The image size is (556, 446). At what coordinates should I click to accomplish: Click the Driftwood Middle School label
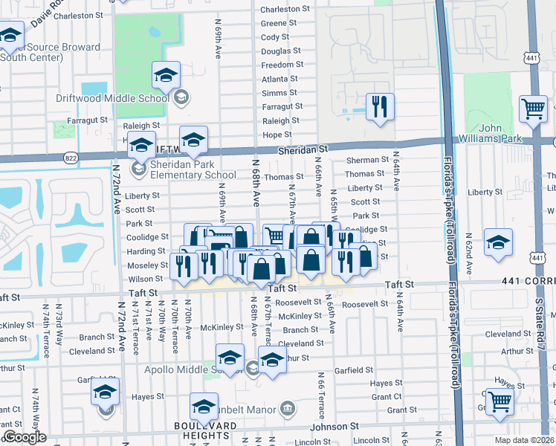click(112, 98)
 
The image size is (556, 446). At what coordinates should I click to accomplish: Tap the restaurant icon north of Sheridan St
click(380, 107)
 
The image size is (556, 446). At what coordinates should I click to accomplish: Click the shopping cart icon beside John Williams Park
click(534, 109)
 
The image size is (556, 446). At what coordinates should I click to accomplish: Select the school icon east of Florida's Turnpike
click(498, 242)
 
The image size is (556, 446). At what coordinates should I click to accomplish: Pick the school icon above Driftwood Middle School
click(167, 75)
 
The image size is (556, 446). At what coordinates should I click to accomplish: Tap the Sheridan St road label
click(303, 150)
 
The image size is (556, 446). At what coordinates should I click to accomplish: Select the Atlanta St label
click(279, 79)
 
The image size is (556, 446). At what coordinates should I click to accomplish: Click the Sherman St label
click(367, 160)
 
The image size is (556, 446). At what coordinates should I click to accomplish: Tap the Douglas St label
click(281, 51)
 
